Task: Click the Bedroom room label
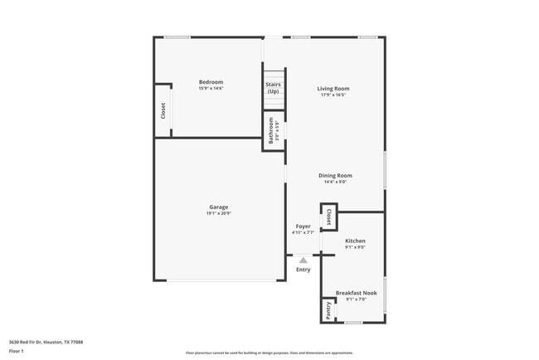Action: (211, 81)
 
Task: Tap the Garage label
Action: (218, 207)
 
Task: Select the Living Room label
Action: (333, 88)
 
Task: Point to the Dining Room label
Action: (336, 175)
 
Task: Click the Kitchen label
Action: (355, 241)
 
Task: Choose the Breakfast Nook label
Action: (356, 292)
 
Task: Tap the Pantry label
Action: (328, 309)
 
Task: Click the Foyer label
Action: (303, 226)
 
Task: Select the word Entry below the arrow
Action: (303, 269)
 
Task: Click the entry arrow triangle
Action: (303, 259)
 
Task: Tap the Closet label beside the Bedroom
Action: (163, 109)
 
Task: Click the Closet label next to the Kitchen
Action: (328, 216)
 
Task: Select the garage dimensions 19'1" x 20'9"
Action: (218, 213)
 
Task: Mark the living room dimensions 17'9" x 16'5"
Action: (333, 95)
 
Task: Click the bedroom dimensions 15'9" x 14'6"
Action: (211, 88)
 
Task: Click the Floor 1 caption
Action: (17, 351)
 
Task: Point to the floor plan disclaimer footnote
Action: (269, 353)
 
